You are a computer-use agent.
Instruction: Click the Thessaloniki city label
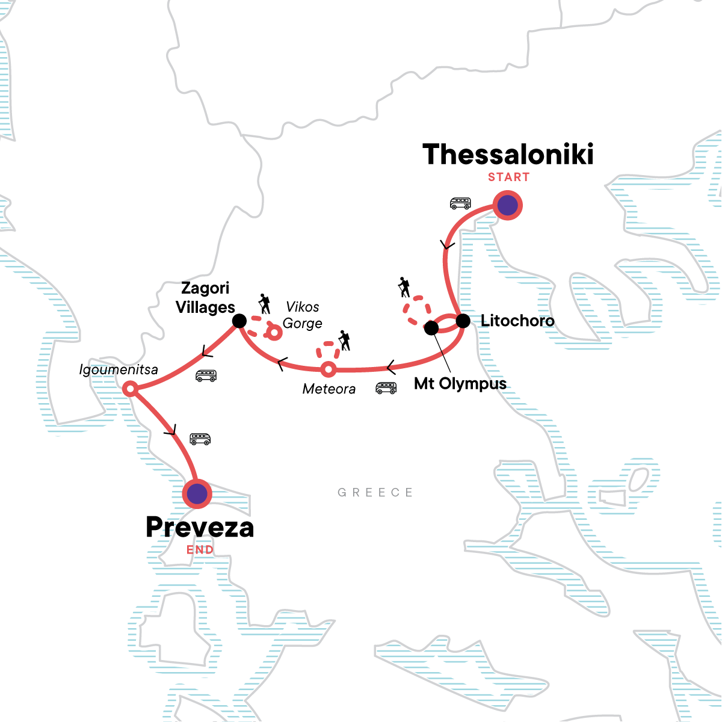coord(508,155)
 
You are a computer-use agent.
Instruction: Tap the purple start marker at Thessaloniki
coord(508,206)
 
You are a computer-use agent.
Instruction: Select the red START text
coord(508,177)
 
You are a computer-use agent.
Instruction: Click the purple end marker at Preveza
coord(197,494)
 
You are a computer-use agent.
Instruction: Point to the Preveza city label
coord(200,528)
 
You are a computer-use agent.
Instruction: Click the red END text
coord(200,550)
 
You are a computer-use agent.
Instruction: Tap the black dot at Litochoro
coord(462,321)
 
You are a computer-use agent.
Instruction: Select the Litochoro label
coord(517,321)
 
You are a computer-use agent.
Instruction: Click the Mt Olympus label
coord(460,384)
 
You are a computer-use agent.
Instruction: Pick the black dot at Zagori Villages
coord(239,321)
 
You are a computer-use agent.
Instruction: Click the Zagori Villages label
coord(205,298)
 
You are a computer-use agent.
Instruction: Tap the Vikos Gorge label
coord(302,315)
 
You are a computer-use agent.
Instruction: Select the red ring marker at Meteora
coord(328,369)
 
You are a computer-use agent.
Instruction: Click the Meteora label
coord(329,389)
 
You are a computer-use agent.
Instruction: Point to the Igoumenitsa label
coord(119,369)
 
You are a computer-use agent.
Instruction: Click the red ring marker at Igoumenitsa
coord(130,390)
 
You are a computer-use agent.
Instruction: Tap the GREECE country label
coord(375,493)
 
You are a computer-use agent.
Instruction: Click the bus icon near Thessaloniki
coord(460,203)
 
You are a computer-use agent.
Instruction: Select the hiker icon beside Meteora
coord(344,341)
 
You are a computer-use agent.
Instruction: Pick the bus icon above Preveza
coord(200,439)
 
